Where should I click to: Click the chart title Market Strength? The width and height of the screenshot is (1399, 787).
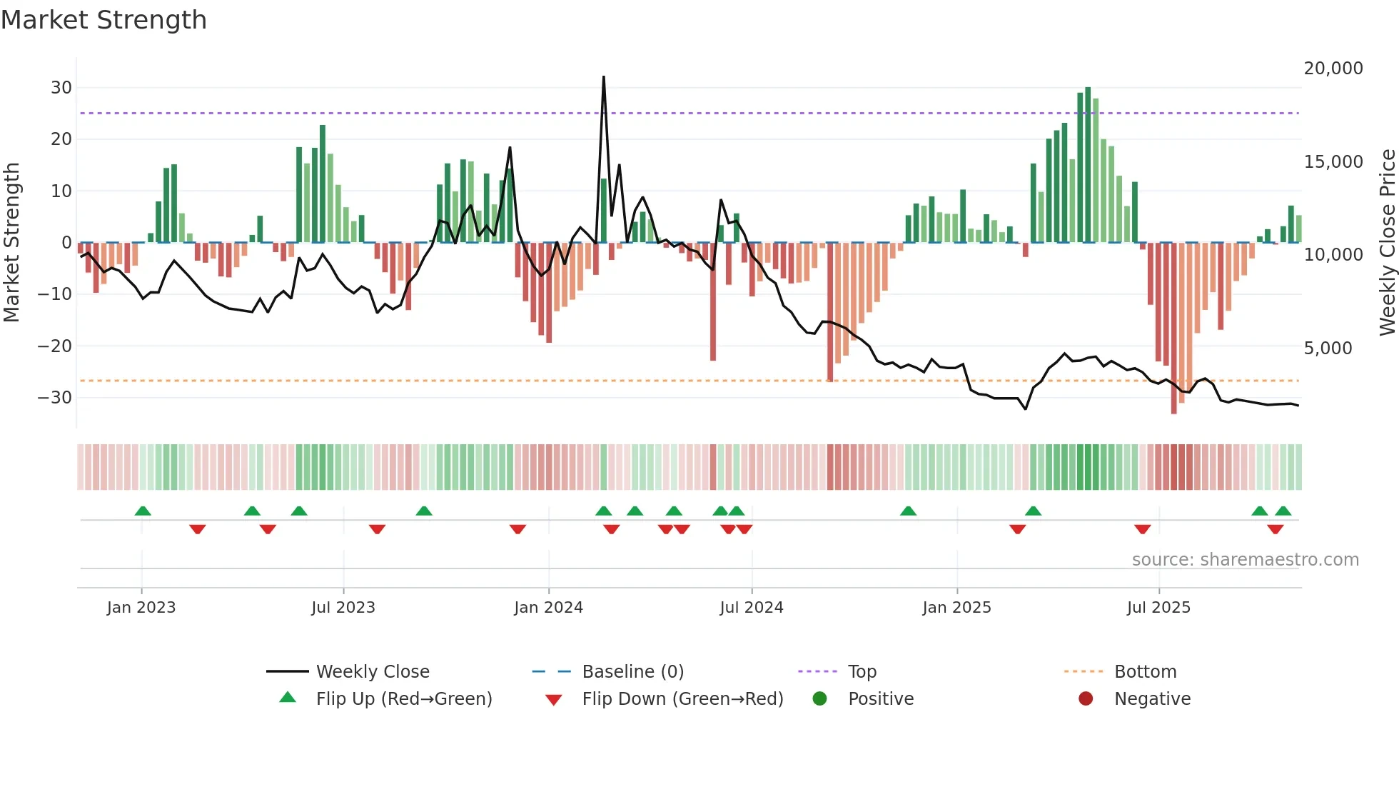(x=104, y=20)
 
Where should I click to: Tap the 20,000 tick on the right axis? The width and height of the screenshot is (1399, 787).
(x=1333, y=69)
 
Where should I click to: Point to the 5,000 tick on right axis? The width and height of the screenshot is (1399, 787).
(x=1328, y=349)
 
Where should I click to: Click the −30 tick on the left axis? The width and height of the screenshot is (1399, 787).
(x=55, y=398)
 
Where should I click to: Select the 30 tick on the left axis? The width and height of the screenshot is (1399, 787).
(x=61, y=88)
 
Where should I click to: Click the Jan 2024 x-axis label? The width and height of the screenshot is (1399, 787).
(x=548, y=608)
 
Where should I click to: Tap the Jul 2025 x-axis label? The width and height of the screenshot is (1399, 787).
(x=1158, y=608)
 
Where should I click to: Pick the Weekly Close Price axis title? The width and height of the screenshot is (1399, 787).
(x=1387, y=243)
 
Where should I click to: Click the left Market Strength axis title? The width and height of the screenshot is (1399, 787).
(x=12, y=243)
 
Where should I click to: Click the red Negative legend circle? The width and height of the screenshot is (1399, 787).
(x=1086, y=699)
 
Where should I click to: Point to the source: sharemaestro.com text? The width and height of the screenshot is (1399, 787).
(x=1245, y=560)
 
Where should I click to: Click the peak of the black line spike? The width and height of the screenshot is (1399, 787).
(x=604, y=77)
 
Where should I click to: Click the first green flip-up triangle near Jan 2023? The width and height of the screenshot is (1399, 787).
(x=143, y=511)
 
